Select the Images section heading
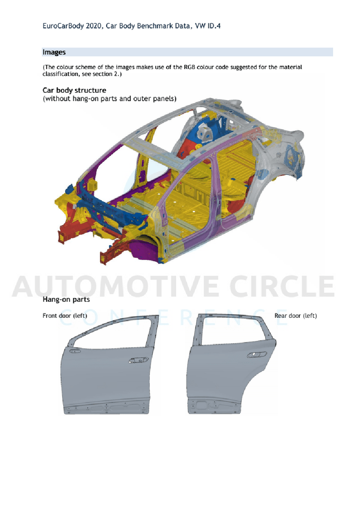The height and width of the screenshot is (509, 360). pyautogui.click(x=54, y=52)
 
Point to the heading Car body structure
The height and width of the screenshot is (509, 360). pyautogui.click(x=74, y=91)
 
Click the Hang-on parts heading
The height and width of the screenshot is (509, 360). pyautogui.click(x=66, y=300)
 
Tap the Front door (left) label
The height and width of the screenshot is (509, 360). pyautogui.click(x=65, y=316)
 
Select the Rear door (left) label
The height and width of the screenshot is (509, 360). pyautogui.click(x=295, y=316)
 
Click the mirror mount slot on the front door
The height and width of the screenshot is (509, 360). pyautogui.click(x=75, y=351)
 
